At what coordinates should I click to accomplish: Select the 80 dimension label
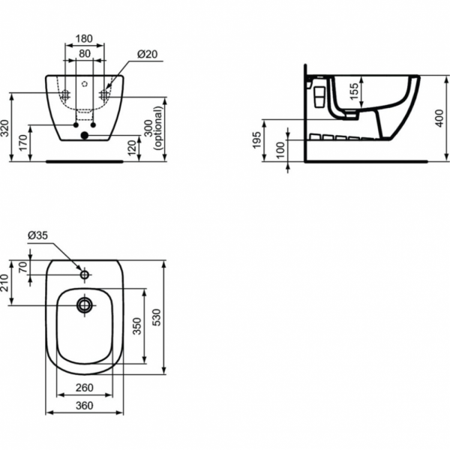pyautogui.click(x=84, y=53)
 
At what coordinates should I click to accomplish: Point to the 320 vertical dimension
pyautogui.click(x=6, y=128)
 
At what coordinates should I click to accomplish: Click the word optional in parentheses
pyautogui.click(x=159, y=129)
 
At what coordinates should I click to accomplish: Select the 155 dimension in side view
pyautogui.click(x=357, y=92)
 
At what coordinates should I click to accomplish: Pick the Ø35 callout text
pyautogui.click(x=38, y=235)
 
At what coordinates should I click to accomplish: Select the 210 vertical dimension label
pyautogui.click(x=6, y=283)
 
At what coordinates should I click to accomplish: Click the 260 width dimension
pyautogui.click(x=84, y=388)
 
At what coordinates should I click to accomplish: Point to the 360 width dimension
pyautogui.click(x=84, y=406)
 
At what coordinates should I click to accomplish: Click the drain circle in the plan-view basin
pyautogui.click(x=84, y=304)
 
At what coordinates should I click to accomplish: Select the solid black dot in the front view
pyautogui.click(x=84, y=136)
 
